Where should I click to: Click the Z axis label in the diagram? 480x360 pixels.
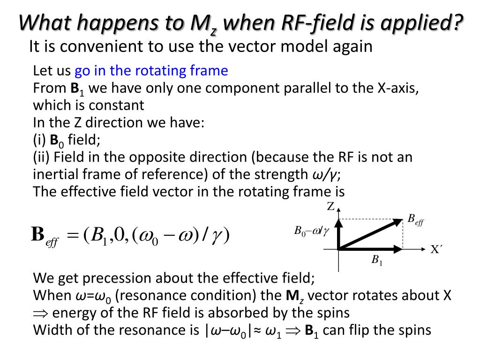pyautogui.click(x=330, y=207)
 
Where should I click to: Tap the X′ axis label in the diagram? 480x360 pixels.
pyautogui.click(x=436, y=250)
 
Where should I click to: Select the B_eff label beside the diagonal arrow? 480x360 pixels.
pyautogui.click(x=415, y=219)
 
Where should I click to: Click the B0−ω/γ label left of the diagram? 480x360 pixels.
pyautogui.click(x=312, y=231)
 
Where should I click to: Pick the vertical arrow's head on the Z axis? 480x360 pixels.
pyautogui.click(x=338, y=222)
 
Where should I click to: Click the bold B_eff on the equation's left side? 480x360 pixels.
pyautogui.click(x=44, y=235)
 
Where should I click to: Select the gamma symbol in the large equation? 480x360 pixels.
pyautogui.click(x=217, y=235)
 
